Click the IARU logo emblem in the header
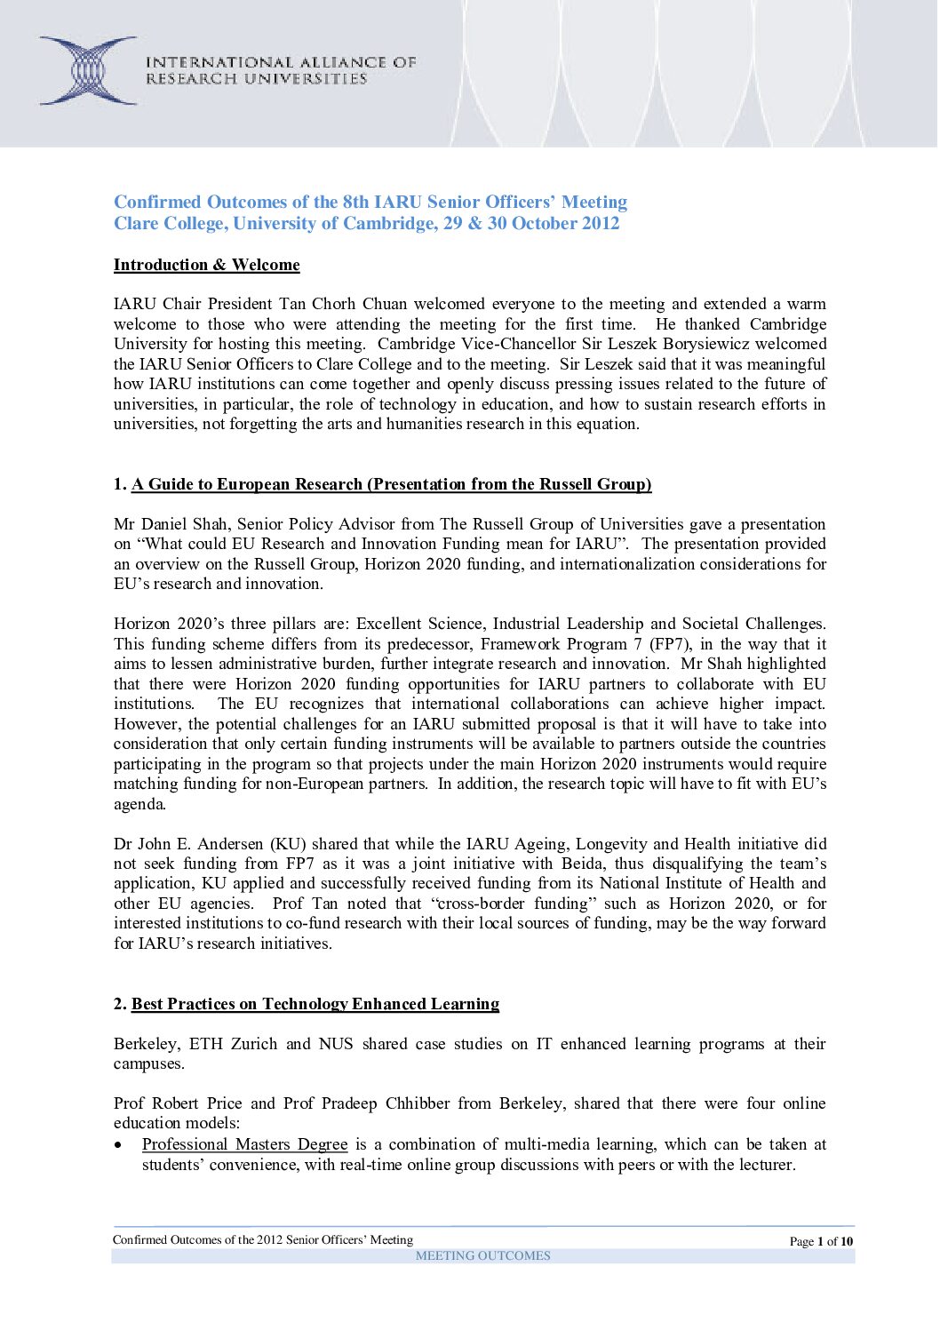click(x=88, y=70)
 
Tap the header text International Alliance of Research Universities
click(x=281, y=70)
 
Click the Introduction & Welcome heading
click(x=206, y=265)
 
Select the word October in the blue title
click(x=544, y=223)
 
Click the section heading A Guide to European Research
click(x=391, y=484)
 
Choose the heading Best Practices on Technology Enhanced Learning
click(x=315, y=1004)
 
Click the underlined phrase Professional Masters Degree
click(x=244, y=1144)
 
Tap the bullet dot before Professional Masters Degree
click(x=118, y=1145)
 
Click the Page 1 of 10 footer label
click(x=821, y=1241)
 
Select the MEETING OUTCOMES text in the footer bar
click(x=482, y=1255)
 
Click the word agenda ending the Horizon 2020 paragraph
click(x=139, y=804)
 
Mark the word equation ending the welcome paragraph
click(x=609, y=424)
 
